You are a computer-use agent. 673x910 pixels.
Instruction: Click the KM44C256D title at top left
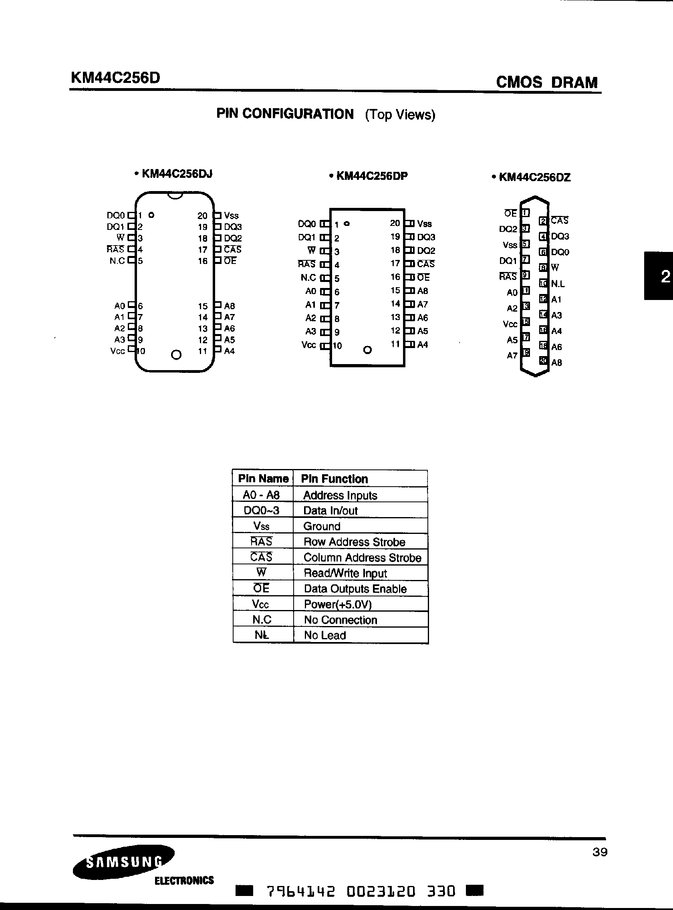click(x=115, y=77)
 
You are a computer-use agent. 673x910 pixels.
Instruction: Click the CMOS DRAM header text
click(x=546, y=82)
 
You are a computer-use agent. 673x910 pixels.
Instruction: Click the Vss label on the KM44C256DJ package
click(x=231, y=216)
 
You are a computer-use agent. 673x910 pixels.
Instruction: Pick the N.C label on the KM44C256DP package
click(x=308, y=278)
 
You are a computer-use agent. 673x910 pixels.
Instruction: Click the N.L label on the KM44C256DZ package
click(x=558, y=284)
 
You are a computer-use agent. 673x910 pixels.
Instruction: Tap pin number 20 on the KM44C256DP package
click(x=395, y=223)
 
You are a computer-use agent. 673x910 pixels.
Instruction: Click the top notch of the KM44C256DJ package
click(x=175, y=196)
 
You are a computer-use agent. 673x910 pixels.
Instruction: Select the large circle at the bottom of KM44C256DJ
click(x=176, y=355)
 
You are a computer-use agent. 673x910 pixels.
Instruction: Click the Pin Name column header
click(x=263, y=479)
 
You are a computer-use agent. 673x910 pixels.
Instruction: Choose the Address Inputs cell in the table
click(x=340, y=495)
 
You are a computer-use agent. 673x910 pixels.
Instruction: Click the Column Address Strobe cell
click(x=362, y=557)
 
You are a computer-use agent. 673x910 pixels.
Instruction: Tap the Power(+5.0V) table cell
click(x=338, y=604)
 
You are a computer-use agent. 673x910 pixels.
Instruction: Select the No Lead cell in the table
click(x=325, y=635)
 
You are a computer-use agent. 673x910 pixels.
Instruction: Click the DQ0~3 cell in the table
click(x=262, y=510)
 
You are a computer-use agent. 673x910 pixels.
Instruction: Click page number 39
click(x=600, y=852)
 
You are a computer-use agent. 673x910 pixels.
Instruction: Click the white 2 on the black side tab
click(x=665, y=277)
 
